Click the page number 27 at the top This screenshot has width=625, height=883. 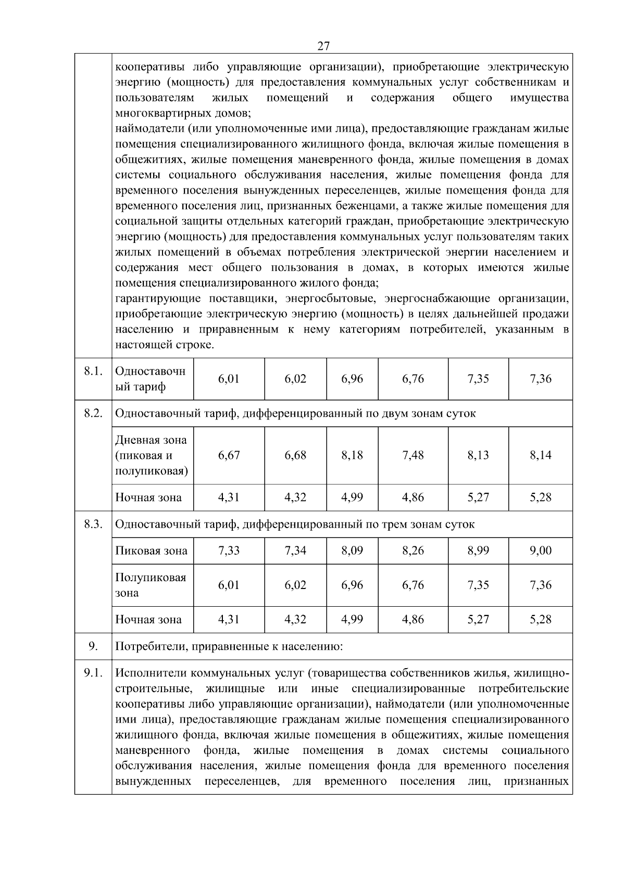click(323, 46)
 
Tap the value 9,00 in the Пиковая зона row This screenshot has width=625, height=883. click(540, 551)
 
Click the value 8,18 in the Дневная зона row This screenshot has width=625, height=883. click(352, 455)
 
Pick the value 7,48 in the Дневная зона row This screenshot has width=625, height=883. click(413, 455)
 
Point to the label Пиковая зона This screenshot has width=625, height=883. click(151, 551)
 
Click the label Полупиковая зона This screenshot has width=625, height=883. click(151, 585)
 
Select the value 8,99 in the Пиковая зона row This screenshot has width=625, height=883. click(478, 551)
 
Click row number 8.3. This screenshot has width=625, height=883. click(93, 524)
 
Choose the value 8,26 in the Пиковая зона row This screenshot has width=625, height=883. click(413, 551)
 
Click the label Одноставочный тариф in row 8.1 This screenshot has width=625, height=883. click(150, 379)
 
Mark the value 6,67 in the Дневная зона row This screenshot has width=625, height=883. click(229, 455)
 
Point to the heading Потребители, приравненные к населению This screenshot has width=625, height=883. click(229, 647)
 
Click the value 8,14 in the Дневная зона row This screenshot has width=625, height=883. click(540, 455)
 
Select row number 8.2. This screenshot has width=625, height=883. click(93, 414)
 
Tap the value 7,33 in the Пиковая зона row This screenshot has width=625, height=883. click(229, 551)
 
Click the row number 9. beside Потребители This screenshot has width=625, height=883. click(93, 647)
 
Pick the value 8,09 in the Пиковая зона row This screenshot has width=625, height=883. click(352, 551)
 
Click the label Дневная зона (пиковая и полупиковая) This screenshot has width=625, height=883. click(151, 455)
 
